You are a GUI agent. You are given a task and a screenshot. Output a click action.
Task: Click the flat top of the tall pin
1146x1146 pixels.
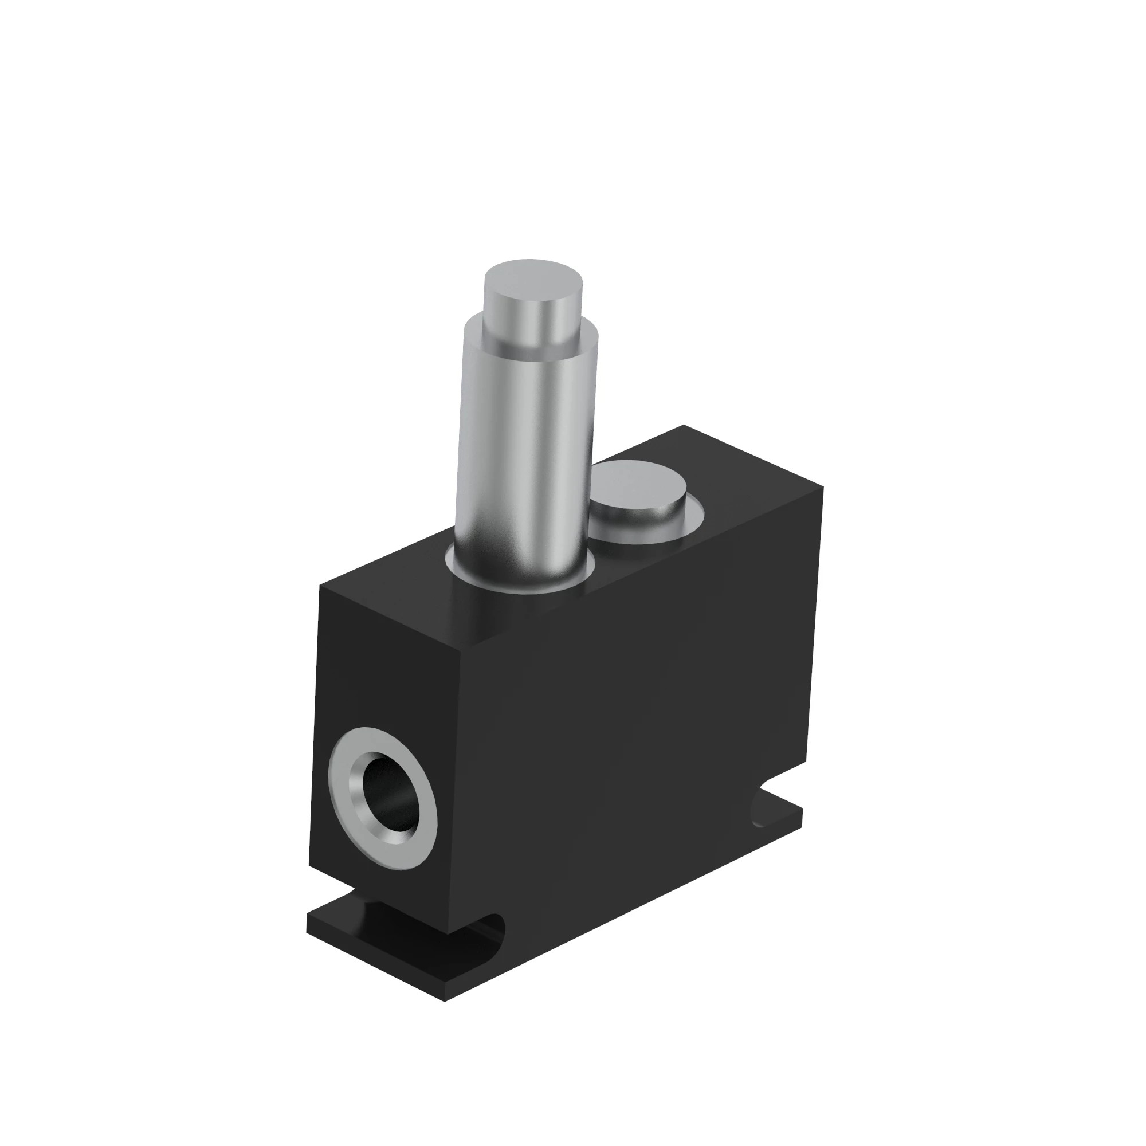coord(533,280)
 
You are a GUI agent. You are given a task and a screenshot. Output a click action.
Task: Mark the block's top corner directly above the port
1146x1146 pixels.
coord(321,586)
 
